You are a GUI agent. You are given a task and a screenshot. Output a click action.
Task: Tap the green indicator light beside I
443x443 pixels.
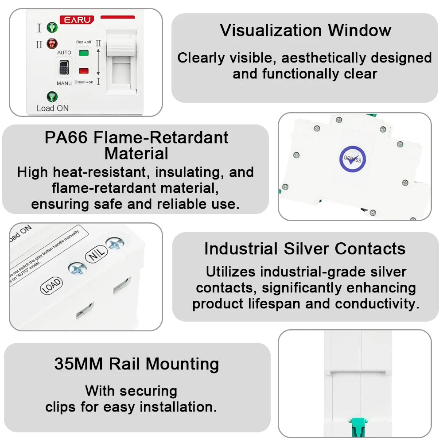point(53,27)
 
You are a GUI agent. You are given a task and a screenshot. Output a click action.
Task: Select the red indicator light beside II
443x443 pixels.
point(53,43)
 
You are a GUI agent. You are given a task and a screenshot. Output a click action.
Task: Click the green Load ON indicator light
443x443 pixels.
point(52,97)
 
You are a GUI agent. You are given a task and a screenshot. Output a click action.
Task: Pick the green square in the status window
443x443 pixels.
point(83,53)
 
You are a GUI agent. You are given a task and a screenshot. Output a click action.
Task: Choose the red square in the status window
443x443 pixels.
point(83,70)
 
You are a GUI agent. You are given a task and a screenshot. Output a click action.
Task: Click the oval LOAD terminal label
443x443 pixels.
point(51,286)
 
